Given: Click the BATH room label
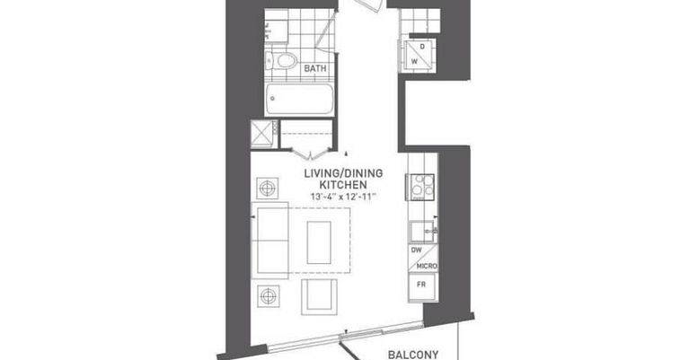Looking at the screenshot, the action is (315, 68).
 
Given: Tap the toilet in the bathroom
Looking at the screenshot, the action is (282, 61).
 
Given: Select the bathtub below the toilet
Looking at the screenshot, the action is (300, 99).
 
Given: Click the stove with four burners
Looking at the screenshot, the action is (420, 187).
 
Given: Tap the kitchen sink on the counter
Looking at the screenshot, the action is (423, 232).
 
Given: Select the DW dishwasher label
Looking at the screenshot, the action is (416, 250).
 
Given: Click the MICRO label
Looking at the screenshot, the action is (426, 266).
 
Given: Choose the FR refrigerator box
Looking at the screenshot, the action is (423, 285).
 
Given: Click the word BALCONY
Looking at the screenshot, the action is (413, 355).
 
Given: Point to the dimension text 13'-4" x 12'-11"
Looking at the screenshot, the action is (344, 197).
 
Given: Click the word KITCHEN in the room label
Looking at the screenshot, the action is (343, 184).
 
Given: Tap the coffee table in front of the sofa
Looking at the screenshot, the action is (319, 242).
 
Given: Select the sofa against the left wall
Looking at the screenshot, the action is (270, 240).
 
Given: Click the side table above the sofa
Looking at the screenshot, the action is (268, 189).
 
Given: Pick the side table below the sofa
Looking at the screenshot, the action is (269, 296).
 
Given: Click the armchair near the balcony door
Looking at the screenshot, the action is (320, 297).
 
